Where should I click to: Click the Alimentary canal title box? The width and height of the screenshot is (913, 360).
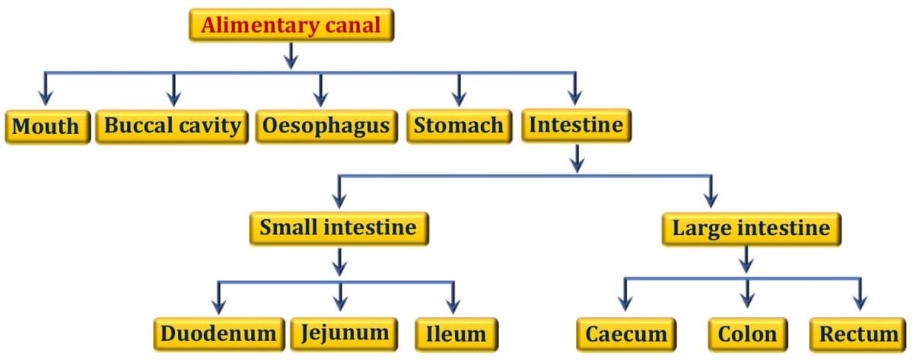click(x=291, y=25)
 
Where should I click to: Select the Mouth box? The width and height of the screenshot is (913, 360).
click(x=47, y=126)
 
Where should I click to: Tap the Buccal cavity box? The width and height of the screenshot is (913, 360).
click(x=173, y=126)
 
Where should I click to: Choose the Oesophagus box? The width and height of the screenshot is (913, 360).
click(x=326, y=126)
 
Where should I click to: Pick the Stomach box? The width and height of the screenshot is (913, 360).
click(x=459, y=126)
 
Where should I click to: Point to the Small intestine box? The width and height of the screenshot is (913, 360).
click(x=339, y=228)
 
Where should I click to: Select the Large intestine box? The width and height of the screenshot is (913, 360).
click(x=751, y=228)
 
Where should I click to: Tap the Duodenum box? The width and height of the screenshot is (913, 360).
click(x=218, y=333)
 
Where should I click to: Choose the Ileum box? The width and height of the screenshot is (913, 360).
click(x=456, y=333)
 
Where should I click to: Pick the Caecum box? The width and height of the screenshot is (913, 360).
click(x=626, y=334)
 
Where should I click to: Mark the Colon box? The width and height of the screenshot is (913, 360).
click(x=747, y=334)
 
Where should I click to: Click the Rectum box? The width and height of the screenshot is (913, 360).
click(x=858, y=334)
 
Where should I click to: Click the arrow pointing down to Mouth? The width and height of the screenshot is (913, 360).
click(x=46, y=90)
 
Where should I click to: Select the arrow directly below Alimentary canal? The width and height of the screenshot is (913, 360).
click(x=291, y=56)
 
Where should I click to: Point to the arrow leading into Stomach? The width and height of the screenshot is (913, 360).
click(x=459, y=90)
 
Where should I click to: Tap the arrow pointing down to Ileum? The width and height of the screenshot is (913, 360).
click(x=453, y=298)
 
